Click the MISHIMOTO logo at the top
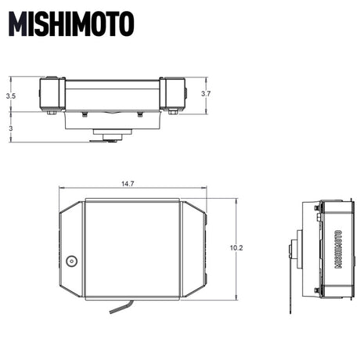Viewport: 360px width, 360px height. point(71,25)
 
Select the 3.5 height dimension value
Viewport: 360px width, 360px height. point(9,95)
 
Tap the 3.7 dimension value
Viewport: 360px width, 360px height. point(206,93)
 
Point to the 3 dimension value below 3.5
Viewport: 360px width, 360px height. point(9,127)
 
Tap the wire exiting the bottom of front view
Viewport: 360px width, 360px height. point(120,307)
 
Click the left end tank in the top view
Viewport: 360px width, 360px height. point(52,94)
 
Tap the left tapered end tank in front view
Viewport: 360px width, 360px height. point(70,248)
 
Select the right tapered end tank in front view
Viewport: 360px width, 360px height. point(193,248)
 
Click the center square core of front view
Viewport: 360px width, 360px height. point(131,248)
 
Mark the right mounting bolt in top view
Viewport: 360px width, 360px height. point(140,114)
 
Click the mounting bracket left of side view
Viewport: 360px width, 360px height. point(295,250)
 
